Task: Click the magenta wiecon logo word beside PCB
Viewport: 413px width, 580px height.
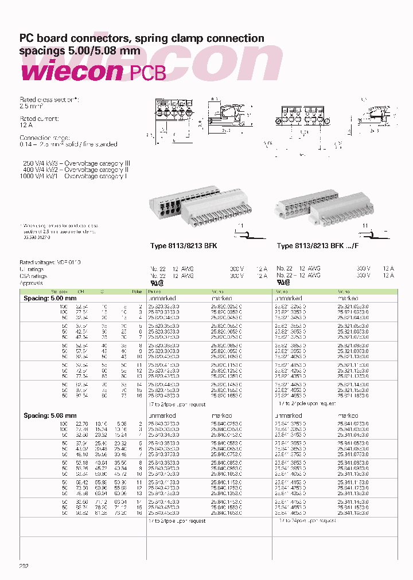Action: (72, 72)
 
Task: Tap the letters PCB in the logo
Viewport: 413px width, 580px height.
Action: (147, 73)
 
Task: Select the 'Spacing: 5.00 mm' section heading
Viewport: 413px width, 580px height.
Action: (50, 299)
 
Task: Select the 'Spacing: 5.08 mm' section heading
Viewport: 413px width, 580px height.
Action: (50, 416)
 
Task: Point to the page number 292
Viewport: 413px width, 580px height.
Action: (24, 566)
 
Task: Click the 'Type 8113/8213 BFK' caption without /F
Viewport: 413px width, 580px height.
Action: (184, 246)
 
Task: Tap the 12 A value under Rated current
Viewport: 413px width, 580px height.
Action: (27, 125)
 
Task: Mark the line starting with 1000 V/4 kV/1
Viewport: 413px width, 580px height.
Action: (73, 177)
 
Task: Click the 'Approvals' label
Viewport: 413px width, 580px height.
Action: (32, 283)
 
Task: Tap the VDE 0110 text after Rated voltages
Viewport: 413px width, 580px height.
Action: (68, 262)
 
